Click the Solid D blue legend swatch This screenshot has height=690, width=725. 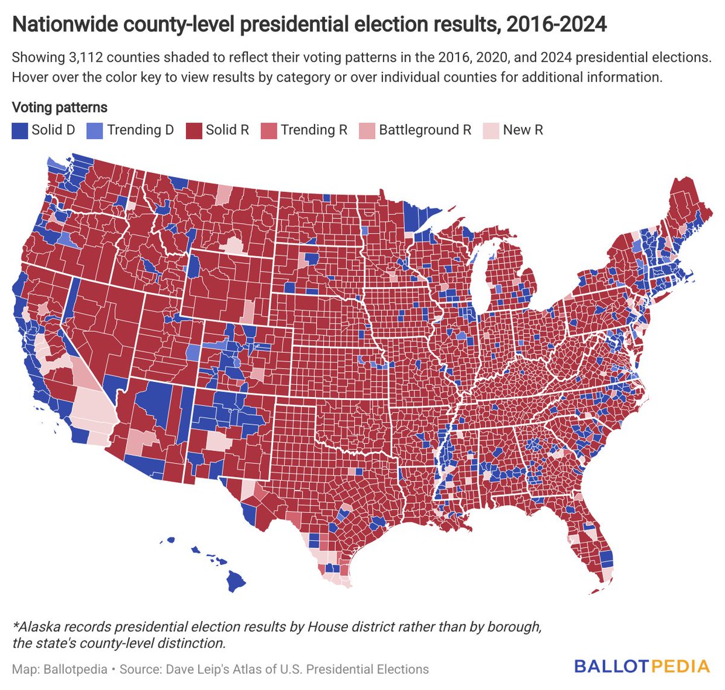20,131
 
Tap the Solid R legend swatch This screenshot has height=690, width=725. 194,131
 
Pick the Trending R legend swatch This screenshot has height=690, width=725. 269,131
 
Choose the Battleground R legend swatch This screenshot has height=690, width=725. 367,131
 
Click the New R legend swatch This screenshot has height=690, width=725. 491,131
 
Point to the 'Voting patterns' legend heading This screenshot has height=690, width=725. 60,108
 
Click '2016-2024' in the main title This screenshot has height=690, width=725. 556,25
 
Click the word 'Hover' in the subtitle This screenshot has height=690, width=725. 31,77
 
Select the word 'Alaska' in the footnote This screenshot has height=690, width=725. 39,627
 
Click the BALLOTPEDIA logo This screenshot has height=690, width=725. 642,666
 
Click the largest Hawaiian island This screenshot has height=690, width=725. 236,582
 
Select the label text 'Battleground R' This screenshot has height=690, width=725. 425,130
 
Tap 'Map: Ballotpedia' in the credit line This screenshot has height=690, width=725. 60,669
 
